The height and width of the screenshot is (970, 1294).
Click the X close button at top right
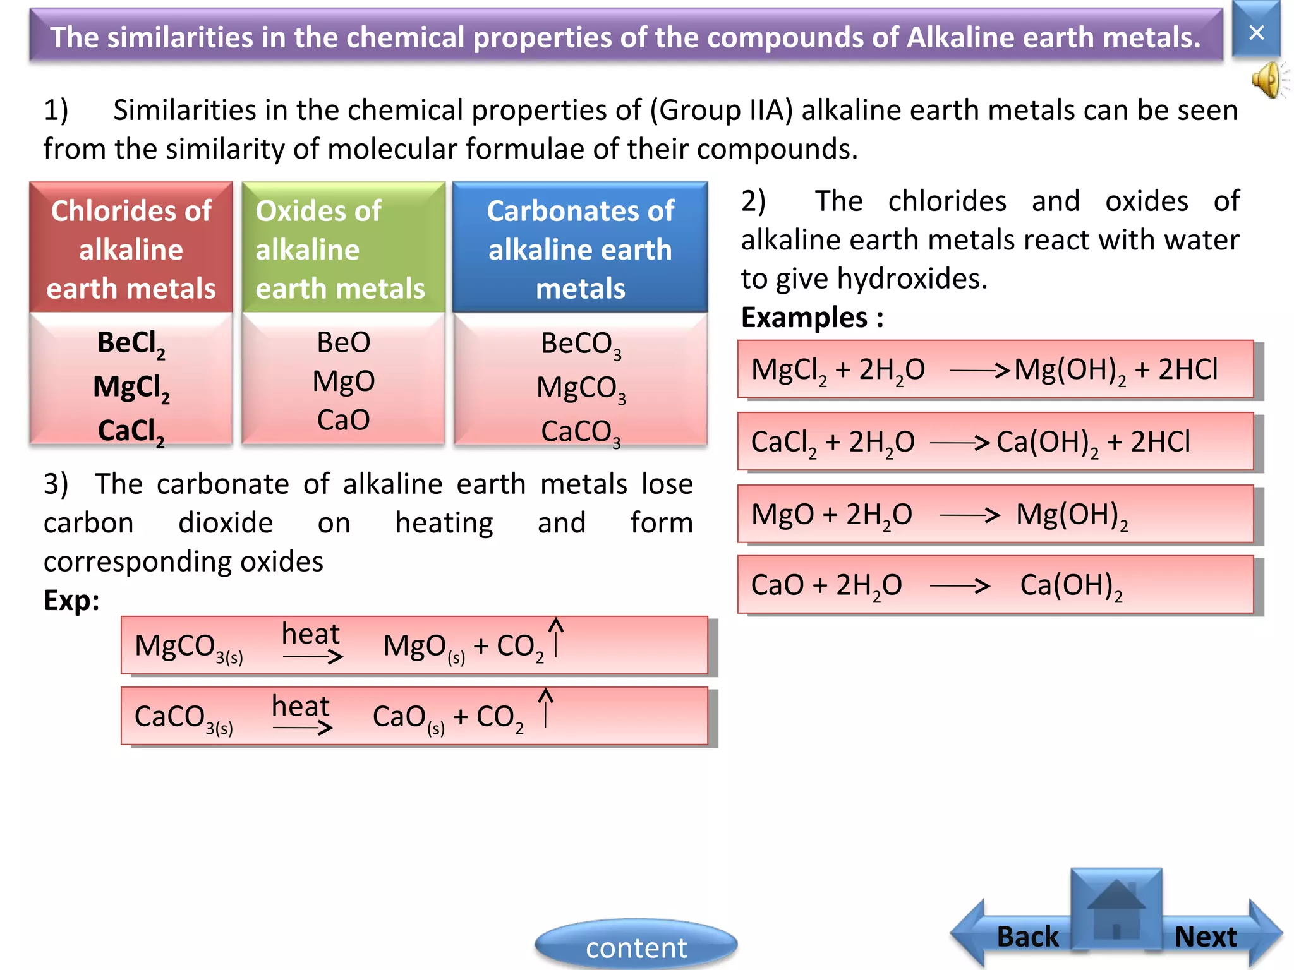coord(1256,32)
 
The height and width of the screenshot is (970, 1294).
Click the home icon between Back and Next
coord(1116,909)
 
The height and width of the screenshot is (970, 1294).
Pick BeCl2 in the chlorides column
coord(131,344)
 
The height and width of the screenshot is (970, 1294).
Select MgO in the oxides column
coord(344,381)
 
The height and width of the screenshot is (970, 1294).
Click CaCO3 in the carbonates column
coord(581,433)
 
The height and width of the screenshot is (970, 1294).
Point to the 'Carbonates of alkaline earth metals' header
coord(580,249)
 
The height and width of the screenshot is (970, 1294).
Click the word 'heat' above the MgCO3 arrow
coord(310,633)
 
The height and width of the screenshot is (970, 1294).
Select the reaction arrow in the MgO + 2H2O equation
coord(969,515)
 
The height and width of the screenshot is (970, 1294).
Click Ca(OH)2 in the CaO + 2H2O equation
coord(1071,585)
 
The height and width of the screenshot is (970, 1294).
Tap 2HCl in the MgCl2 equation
coord(1188,369)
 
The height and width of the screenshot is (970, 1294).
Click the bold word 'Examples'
coord(804,317)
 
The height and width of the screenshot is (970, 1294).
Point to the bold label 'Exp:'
coord(71,600)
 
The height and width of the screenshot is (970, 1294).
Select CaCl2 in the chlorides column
coord(131,432)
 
